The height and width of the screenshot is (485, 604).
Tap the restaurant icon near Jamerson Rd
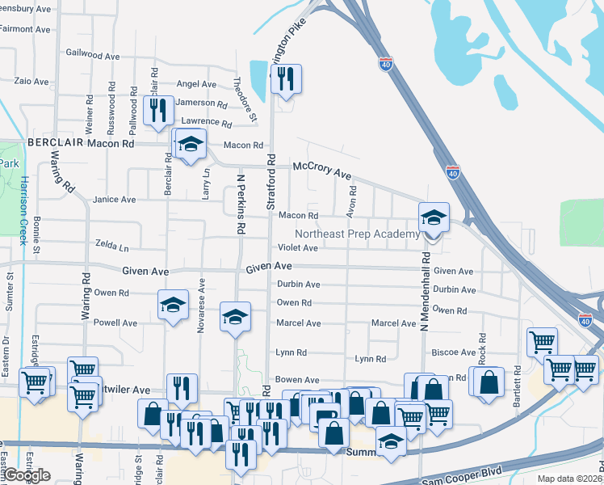(157, 110)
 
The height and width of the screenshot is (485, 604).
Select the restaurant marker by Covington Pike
(286, 79)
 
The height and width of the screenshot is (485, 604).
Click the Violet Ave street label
(298, 248)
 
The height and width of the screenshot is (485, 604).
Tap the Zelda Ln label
(111, 243)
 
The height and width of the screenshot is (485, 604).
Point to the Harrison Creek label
(24, 210)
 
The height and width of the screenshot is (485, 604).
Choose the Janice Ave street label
(114, 200)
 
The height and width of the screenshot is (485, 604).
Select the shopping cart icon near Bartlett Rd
(542, 342)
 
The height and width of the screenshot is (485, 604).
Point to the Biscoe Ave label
(453, 352)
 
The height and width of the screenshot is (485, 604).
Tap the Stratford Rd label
(271, 183)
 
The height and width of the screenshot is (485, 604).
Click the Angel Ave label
(196, 84)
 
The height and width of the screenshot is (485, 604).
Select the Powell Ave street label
(115, 323)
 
